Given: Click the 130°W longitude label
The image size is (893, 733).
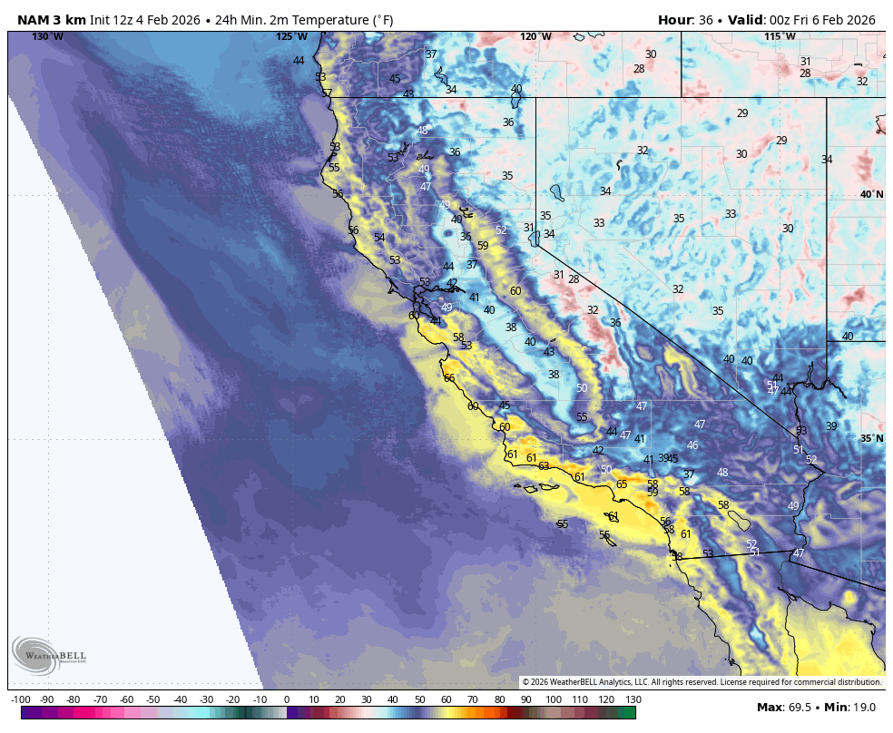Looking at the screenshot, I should [48, 36].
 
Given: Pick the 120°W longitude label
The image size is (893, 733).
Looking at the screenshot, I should [535, 36].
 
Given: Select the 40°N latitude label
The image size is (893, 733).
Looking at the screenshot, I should [871, 194].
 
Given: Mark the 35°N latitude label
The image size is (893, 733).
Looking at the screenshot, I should [871, 438].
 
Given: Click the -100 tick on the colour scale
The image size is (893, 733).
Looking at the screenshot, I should [21, 699].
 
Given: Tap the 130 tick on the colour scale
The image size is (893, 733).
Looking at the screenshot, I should [633, 699].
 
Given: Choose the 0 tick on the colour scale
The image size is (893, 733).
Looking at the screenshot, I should [287, 699].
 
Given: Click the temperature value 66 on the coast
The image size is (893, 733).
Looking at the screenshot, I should [448, 378].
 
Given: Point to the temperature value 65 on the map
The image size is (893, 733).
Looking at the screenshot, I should [622, 484].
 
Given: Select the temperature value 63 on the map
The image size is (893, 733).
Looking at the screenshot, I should [544, 466].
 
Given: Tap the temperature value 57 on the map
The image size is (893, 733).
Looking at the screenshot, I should [327, 93].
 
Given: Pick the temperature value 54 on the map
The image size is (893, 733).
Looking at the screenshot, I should [379, 238].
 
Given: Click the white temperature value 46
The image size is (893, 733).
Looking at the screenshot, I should [692, 445].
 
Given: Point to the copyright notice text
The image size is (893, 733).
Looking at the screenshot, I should [702, 682].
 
